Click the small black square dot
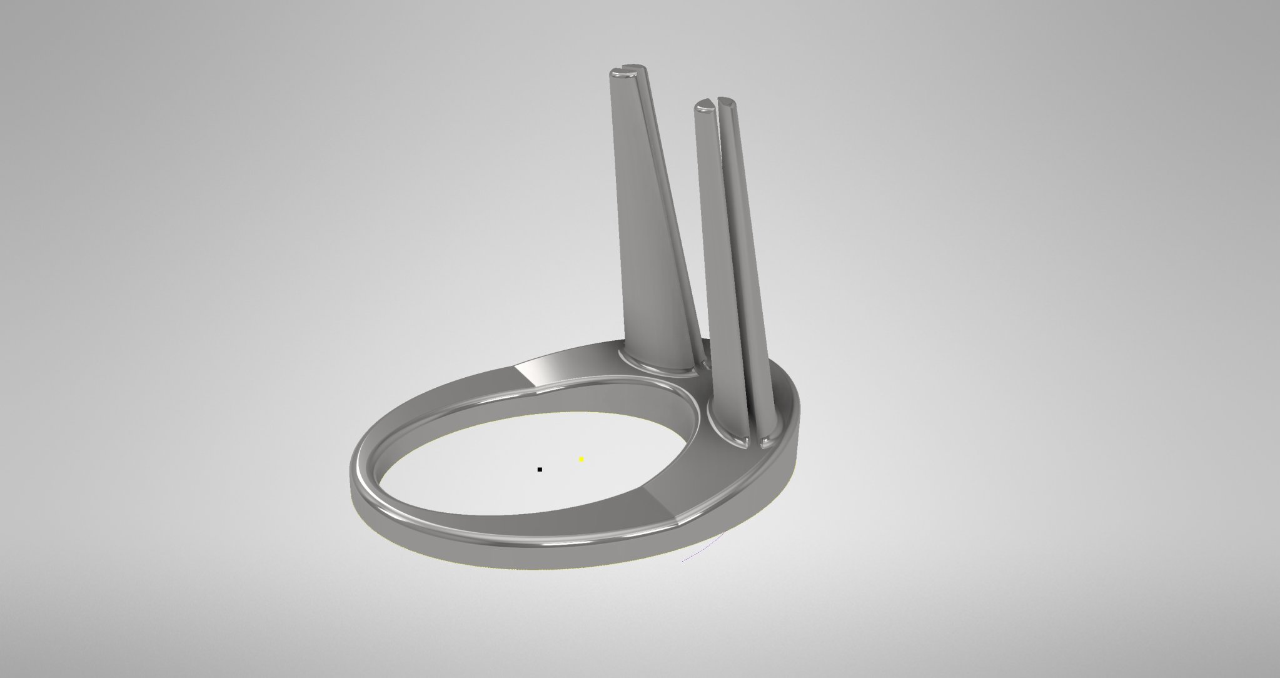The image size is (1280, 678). pos(540,469)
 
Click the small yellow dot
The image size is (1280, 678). pos(582,459)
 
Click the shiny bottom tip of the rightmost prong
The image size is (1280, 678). pos(766,443)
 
